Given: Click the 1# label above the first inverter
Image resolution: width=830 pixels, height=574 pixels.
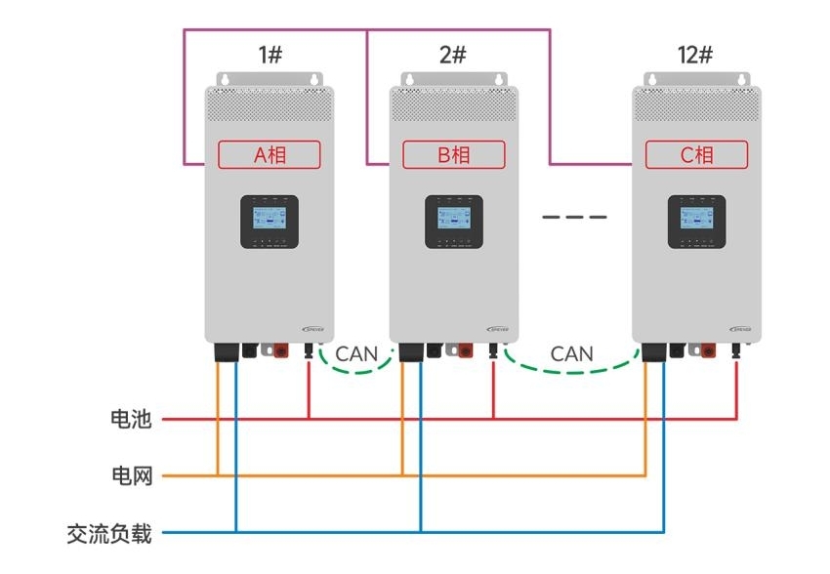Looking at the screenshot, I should coord(270,55).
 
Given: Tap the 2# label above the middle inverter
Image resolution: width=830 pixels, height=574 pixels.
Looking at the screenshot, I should coord(452,55).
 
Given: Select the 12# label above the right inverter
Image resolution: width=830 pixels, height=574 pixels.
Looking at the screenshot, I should coord(694,55).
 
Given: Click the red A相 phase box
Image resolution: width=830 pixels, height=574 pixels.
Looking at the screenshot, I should coord(270,154).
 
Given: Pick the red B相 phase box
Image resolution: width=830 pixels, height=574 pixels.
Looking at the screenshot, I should coord(454,154).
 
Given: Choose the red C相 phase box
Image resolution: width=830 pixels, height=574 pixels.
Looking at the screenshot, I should coord(696,154).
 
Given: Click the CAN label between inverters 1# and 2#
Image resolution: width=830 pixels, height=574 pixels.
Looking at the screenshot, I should coord(356,353).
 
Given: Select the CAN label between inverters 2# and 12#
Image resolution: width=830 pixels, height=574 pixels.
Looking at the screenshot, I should coord(571,353).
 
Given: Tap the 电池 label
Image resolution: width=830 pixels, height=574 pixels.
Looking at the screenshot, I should coord(131,420).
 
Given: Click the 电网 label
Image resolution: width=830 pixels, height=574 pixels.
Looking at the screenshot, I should coord(131,476).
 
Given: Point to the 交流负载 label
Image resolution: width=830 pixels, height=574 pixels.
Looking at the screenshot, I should coord(109,533).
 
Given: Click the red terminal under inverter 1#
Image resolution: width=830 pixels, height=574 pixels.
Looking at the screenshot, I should coord(280,348).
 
